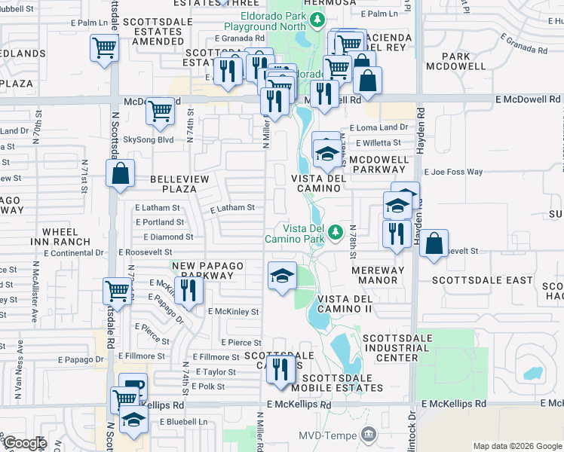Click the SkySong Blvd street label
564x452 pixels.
pos(148,139)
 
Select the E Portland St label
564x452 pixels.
pos(159,222)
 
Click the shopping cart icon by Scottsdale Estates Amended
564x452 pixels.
pos(104,49)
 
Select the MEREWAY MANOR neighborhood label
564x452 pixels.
pos(368,274)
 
